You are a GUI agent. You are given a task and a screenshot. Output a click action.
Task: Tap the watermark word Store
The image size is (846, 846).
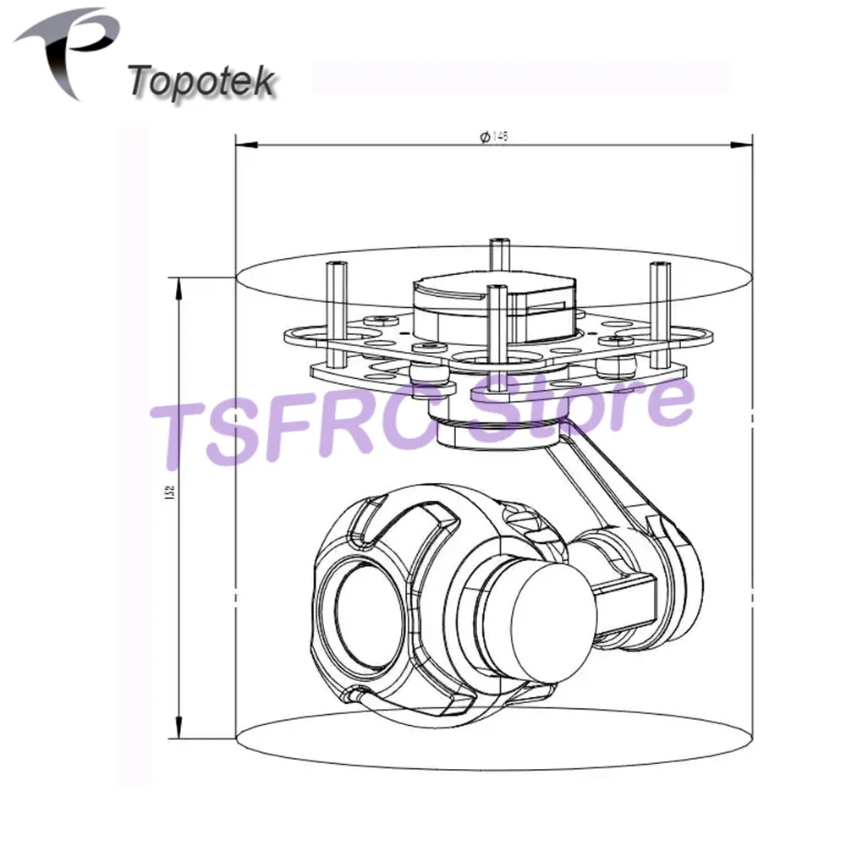[x=584, y=410]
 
